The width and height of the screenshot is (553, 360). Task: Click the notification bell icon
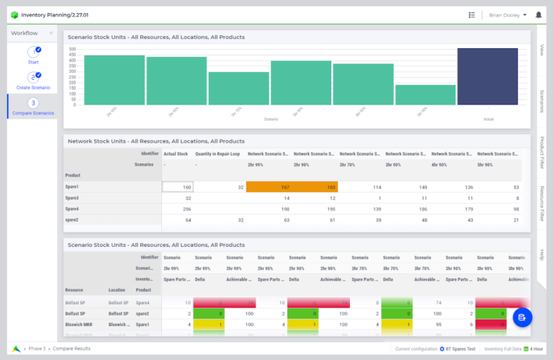click(x=539, y=14)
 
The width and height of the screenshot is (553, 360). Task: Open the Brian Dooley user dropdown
click(x=508, y=14)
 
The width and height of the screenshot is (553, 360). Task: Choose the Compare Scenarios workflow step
click(x=33, y=106)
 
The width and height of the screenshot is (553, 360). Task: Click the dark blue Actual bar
click(x=487, y=77)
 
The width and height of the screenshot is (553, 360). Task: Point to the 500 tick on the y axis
click(x=72, y=49)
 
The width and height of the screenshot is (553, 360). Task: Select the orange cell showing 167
click(x=269, y=186)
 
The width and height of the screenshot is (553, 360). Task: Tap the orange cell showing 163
click(x=314, y=186)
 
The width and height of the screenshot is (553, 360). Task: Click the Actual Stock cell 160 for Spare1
click(x=178, y=186)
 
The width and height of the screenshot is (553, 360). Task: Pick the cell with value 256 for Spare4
click(x=178, y=208)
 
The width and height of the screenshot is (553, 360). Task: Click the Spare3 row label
click(x=72, y=197)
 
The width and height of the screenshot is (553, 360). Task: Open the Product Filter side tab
click(x=542, y=153)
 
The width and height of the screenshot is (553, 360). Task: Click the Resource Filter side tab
click(x=542, y=203)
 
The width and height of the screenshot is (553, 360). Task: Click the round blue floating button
click(x=522, y=317)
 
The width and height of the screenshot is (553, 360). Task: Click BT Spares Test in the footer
click(x=460, y=348)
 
